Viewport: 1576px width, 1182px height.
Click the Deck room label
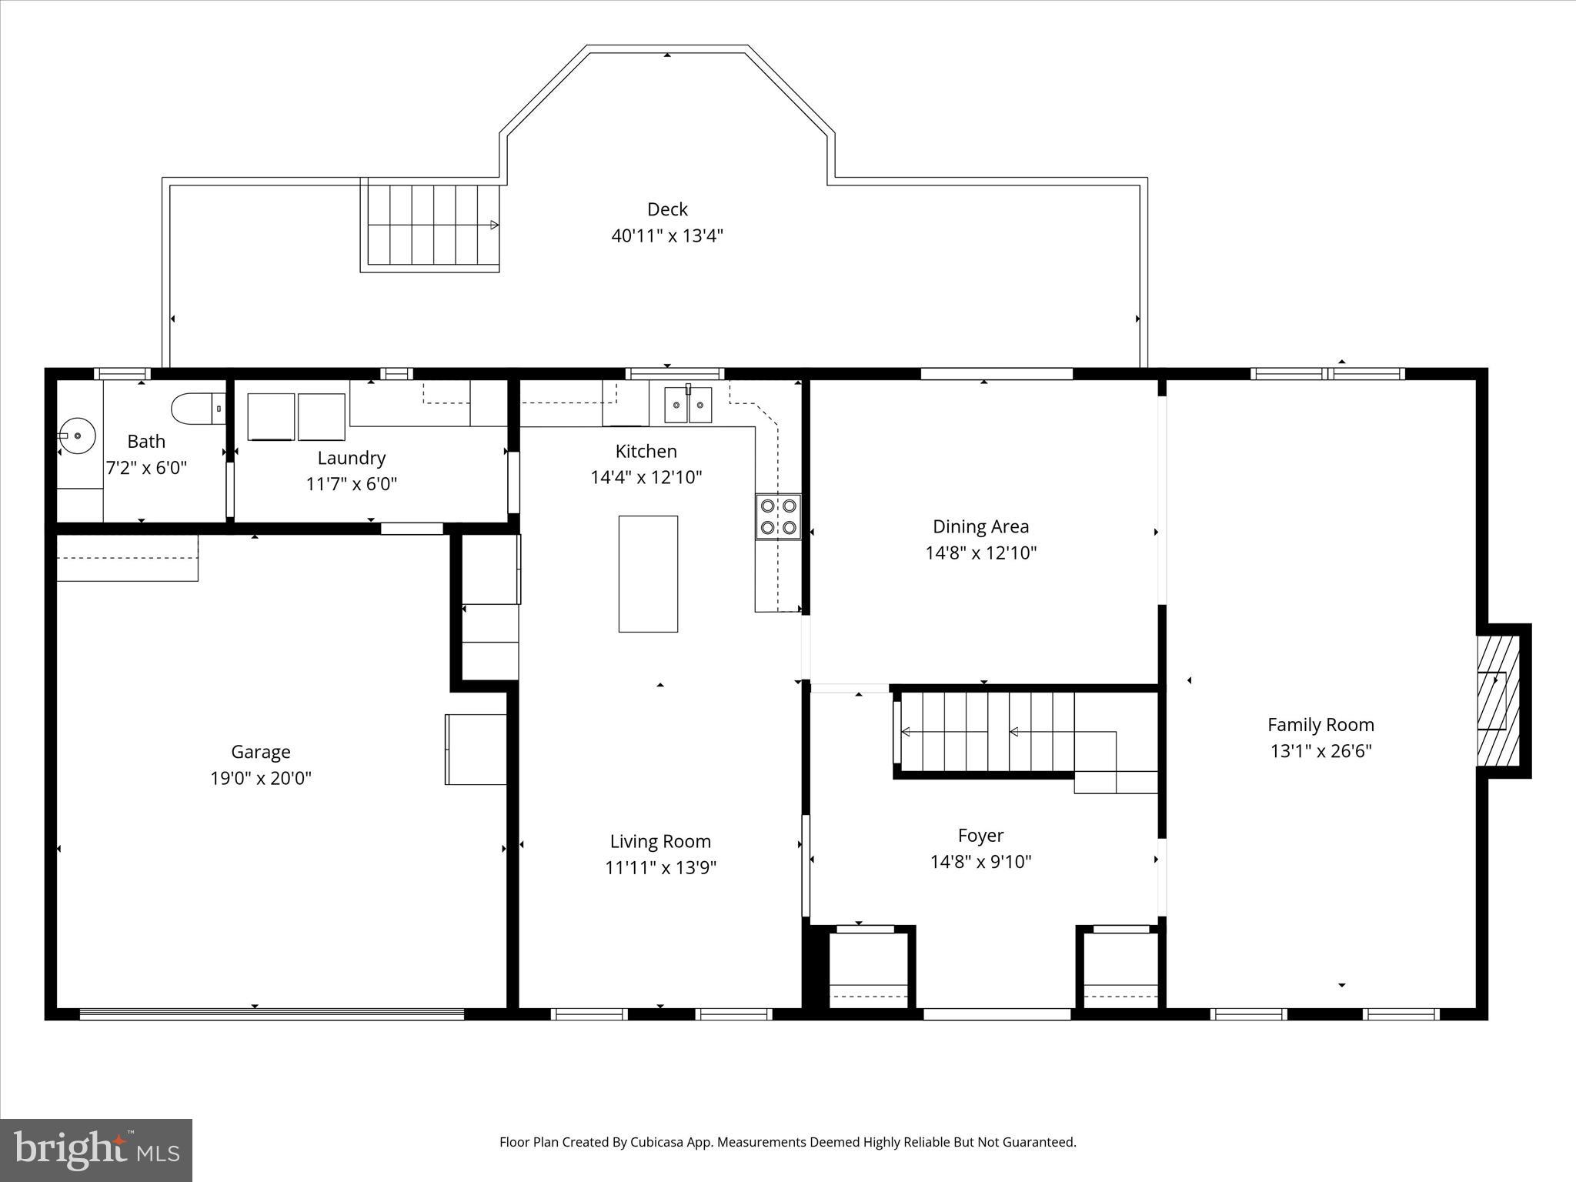[x=667, y=209]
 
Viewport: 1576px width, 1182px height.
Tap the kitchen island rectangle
[x=648, y=574]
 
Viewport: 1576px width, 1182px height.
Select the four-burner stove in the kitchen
[x=778, y=516]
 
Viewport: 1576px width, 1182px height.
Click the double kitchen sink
[x=688, y=405]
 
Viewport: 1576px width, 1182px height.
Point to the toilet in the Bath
[x=197, y=409]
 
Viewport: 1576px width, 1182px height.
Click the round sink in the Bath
[x=77, y=436]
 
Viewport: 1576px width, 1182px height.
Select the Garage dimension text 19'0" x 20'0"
[x=261, y=778]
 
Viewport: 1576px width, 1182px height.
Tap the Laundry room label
[x=351, y=458]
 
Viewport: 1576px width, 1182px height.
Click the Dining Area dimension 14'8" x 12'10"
[x=980, y=553]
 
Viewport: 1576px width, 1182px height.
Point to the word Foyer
[x=980, y=835]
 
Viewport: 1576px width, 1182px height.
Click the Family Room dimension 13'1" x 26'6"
[x=1321, y=751]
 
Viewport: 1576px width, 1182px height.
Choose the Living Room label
[x=660, y=841]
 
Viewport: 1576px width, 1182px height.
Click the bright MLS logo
[x=96, y=1150]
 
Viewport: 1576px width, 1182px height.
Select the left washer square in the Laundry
[x=271, y=416]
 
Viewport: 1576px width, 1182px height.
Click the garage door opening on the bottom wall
[x=272, y=1014]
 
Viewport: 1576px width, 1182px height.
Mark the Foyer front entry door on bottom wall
[x=997, y=1014]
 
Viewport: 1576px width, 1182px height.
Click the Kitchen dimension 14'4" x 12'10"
[x=646, y=478]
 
